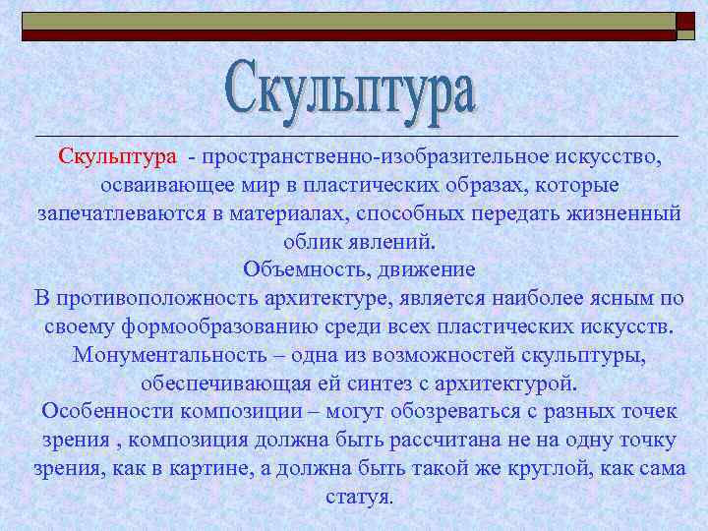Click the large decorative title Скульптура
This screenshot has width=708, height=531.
pos(352,89)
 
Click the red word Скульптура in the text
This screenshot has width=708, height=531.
pos(117,157)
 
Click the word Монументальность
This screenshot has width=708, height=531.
pos(182,353)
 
